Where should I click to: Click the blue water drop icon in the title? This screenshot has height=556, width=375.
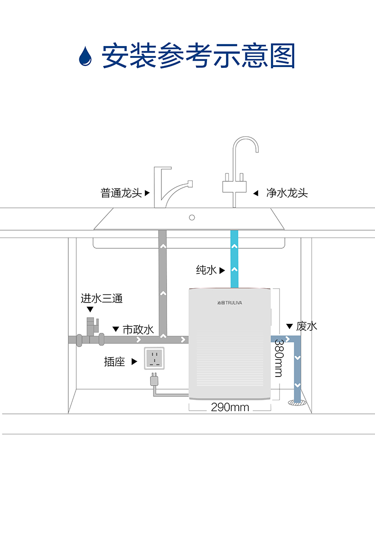(x=85, y=57)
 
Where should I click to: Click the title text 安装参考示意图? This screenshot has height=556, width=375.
(x=198, y=56)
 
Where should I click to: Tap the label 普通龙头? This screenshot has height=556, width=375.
(x=121, y=193)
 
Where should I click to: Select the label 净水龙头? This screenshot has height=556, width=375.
(x=287, y=193)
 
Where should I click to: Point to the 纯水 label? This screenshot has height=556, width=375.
(x=206, y=270)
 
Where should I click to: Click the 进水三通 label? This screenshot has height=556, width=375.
(x=102, y=298)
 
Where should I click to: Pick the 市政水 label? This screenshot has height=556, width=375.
(x=138, y=330)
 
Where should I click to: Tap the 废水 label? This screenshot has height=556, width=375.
(x=307, y=326)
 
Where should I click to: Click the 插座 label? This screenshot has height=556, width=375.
(x=114, y=361)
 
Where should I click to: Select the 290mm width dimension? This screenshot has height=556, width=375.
(x=230, y=407)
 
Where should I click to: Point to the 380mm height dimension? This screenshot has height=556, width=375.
(x=279, y=358)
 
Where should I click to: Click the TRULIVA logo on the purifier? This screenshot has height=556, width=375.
(x=230, y=302)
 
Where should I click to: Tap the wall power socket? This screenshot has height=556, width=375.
(x=154, y=358)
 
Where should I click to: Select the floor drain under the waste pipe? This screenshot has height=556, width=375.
(x=297, y=402)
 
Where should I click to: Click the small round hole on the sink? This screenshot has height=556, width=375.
(x=192, y=217)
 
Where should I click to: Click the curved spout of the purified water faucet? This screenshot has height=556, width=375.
(x=245, y=145)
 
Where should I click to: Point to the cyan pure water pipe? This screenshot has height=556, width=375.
(x=234, y=259)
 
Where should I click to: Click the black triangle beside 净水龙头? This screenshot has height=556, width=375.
(x=255, y=193)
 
